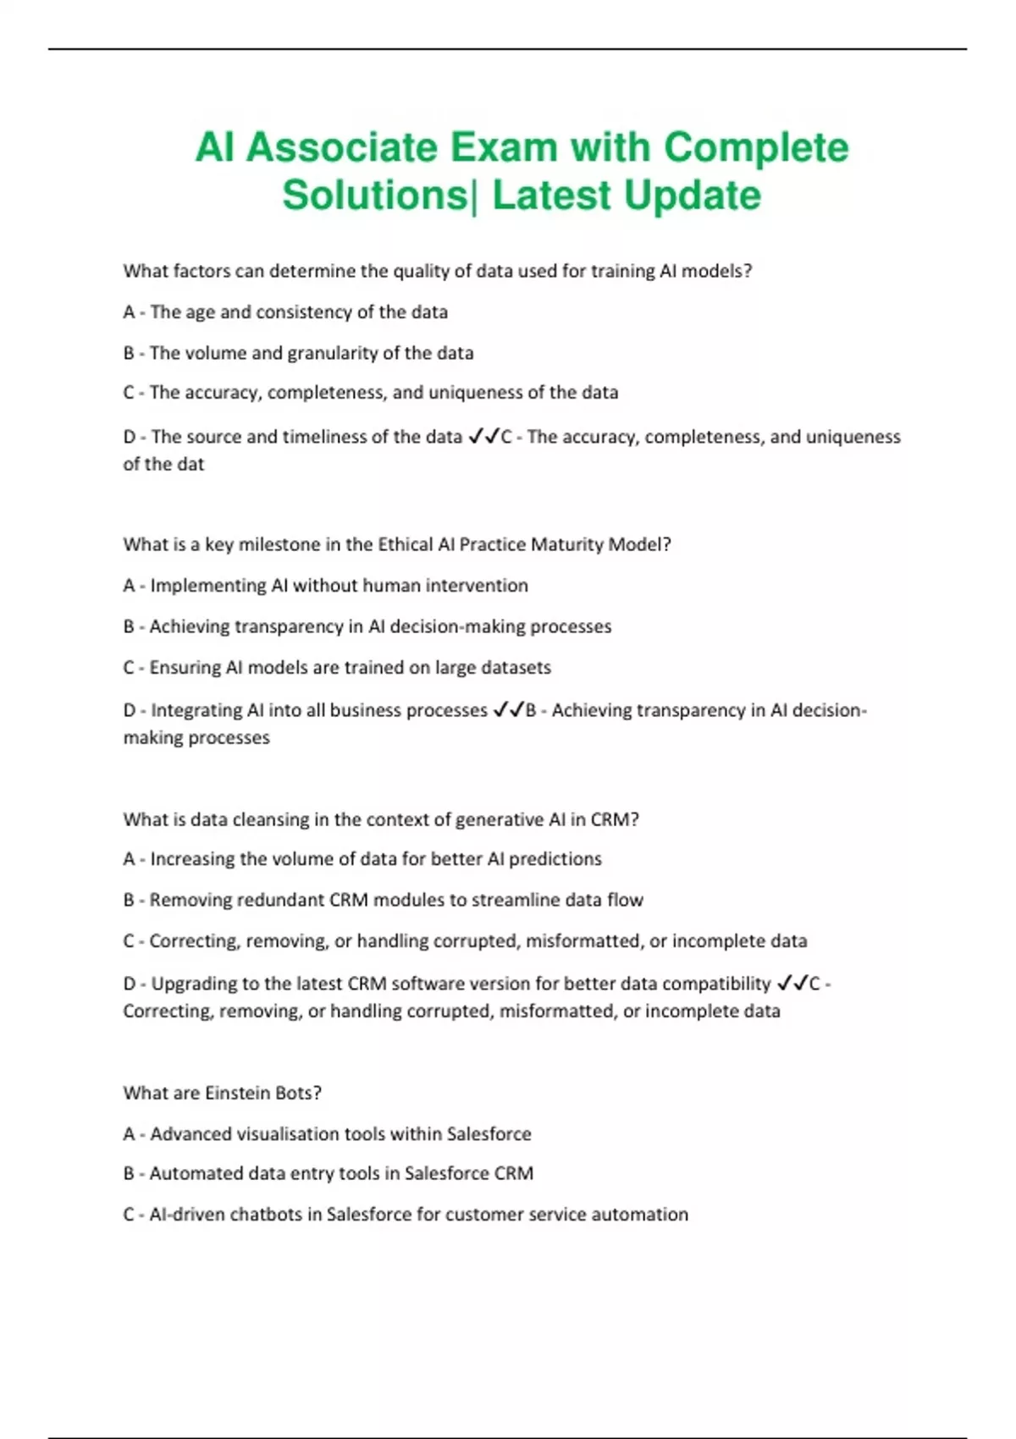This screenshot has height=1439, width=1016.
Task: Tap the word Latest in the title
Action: tap(551, 196)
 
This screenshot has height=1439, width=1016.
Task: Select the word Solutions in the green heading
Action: tap(373, 196)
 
